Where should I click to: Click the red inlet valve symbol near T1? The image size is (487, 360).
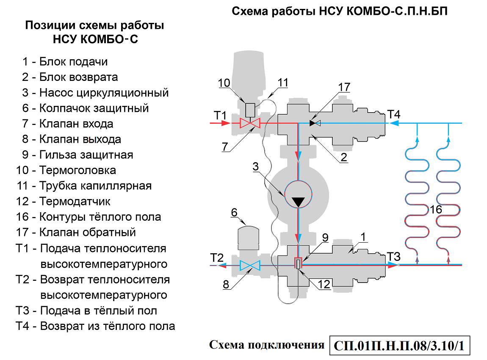click(x=249, y=123)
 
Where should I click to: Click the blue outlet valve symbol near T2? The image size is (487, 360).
click(x=249, y=266)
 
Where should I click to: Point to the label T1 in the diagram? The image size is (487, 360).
click(x=221, y=115)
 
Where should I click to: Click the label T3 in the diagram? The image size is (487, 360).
click(x=393, y=256)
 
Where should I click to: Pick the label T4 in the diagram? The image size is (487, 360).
click(x=394, y=114)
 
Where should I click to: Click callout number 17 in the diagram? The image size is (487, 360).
click(x=344, y=87)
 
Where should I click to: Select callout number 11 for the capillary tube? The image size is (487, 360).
click(x=282, y=82)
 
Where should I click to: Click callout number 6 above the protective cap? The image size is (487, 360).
click(x=234, y=212)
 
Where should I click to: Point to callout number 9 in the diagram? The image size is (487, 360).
click(x=325, y=238)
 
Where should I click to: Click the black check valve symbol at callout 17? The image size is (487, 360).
click(x=314, y=123)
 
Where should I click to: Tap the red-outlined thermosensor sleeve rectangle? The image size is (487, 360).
click(x=298, y=264)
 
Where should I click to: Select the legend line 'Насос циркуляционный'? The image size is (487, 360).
click(x=95, y=93)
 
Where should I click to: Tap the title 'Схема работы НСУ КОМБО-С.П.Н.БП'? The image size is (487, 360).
click(x=340, y=11)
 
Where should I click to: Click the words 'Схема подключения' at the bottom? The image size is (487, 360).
click(x=266, y=345)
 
